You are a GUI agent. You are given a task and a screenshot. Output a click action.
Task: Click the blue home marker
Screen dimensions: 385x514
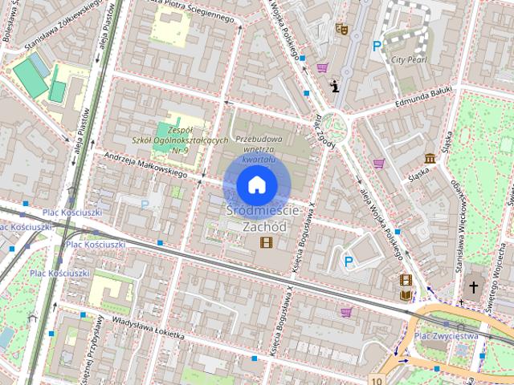coord(256,184)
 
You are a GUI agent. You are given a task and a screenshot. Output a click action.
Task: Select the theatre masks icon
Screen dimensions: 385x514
coord(341,28)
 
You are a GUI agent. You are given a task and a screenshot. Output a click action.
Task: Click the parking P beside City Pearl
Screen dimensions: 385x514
coord(377,47)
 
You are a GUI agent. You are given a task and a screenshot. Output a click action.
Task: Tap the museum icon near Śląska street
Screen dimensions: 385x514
coord(430,158)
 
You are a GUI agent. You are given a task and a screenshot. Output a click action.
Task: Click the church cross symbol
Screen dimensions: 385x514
coord(474,286)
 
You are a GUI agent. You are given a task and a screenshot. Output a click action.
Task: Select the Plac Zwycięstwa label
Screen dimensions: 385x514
coord(447,336)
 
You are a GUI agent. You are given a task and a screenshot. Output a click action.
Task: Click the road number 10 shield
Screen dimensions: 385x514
coord(377,379)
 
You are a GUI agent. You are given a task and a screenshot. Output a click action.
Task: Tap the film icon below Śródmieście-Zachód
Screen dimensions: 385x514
coord(266,242)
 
